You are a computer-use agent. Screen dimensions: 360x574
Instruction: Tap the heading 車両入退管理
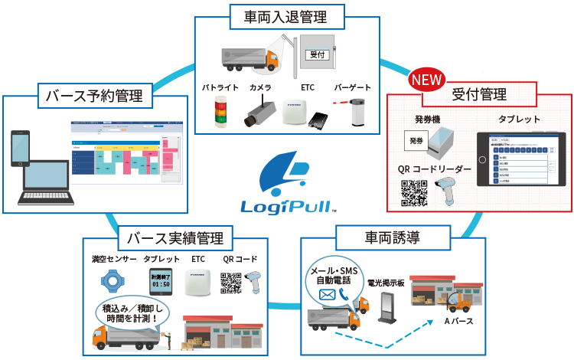[287, 14]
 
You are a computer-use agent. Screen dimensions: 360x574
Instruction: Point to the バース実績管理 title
[173, 237]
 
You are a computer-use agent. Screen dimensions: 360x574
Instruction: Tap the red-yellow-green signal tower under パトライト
[222, 112]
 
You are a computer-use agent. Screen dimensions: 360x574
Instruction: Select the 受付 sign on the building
[317, 55]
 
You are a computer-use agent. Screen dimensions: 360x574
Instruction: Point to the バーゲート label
[353, 88]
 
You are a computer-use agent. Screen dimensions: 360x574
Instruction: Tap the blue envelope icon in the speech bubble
[328, 294]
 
